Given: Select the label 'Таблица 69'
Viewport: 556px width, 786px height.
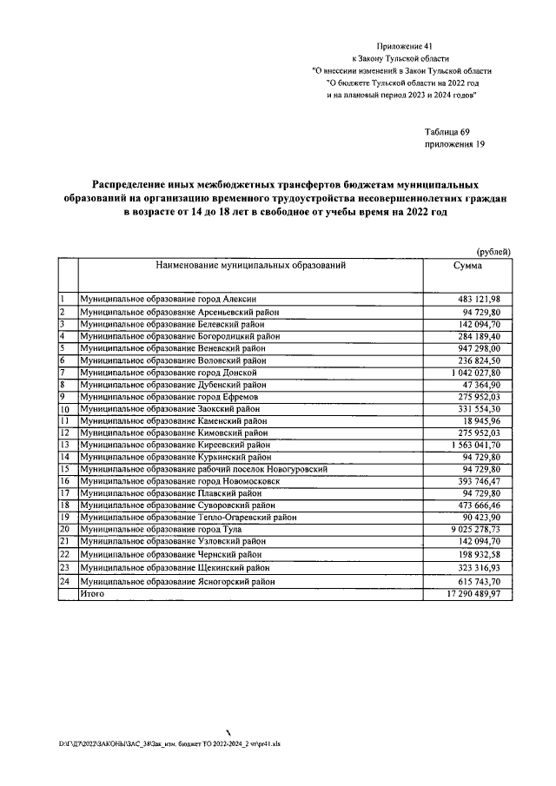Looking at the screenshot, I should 447,131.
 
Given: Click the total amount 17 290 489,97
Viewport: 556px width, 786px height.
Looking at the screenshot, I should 472,593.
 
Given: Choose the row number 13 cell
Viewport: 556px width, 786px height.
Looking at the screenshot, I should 64,445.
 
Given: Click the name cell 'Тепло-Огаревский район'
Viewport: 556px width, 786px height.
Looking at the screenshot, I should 189,517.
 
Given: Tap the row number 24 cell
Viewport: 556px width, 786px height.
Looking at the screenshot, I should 64,581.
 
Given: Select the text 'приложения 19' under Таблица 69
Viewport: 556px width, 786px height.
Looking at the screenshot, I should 453,144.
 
